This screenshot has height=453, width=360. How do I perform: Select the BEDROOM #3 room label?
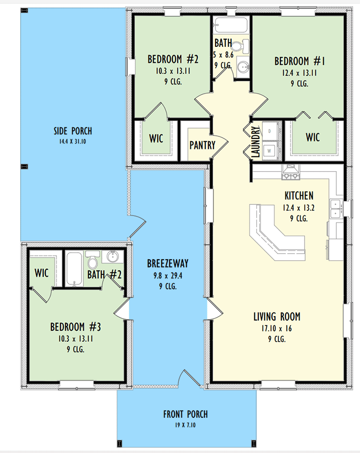click(76, 327)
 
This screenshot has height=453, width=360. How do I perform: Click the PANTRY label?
click(202, 145)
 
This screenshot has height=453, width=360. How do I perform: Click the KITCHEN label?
click(299, 196)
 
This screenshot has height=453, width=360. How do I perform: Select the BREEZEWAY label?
click(168, 263)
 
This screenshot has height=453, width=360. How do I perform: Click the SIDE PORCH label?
click(73, 131)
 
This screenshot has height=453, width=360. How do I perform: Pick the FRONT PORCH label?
click(185, 415)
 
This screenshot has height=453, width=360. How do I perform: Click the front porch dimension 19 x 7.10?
click(185, 425)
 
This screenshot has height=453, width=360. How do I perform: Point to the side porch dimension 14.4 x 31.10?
click(73, 142)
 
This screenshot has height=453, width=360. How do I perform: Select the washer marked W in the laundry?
click(269, 150)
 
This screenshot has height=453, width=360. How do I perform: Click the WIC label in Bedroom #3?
click(41, 273)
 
